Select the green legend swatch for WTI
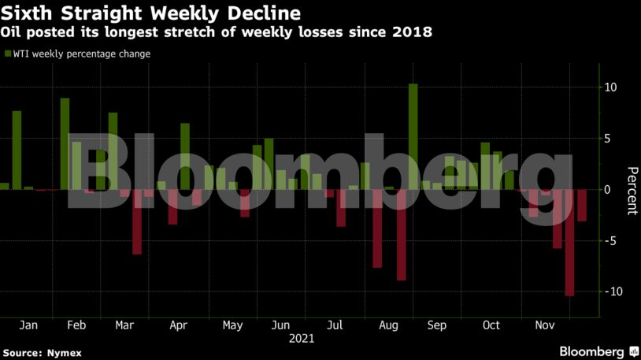pyautogui.click(x=8, y=54)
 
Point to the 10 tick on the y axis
pyautogui.click(x=610, y=87)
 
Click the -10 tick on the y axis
pyautogui.click(x=608, y=291)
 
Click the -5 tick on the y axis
pyautogui.click(x=608, y=240)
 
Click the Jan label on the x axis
pyautogui.click(x=28, y=325)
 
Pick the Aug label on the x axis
pyautogui.click(x=388, y=325)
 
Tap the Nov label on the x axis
pyautogui.click(x=543, y=325)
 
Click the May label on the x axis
pyautogui.click(x=232, y=325)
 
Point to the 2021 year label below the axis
pyautogui.click(x=302, y=339)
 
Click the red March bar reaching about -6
pyautogui.click(x=136, y=221)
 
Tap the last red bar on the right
pyautogui.click(x=582, y=205)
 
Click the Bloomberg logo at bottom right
pyautogui.click(x=598, y=351)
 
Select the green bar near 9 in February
pyautogui.click(x=65, y=143)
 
